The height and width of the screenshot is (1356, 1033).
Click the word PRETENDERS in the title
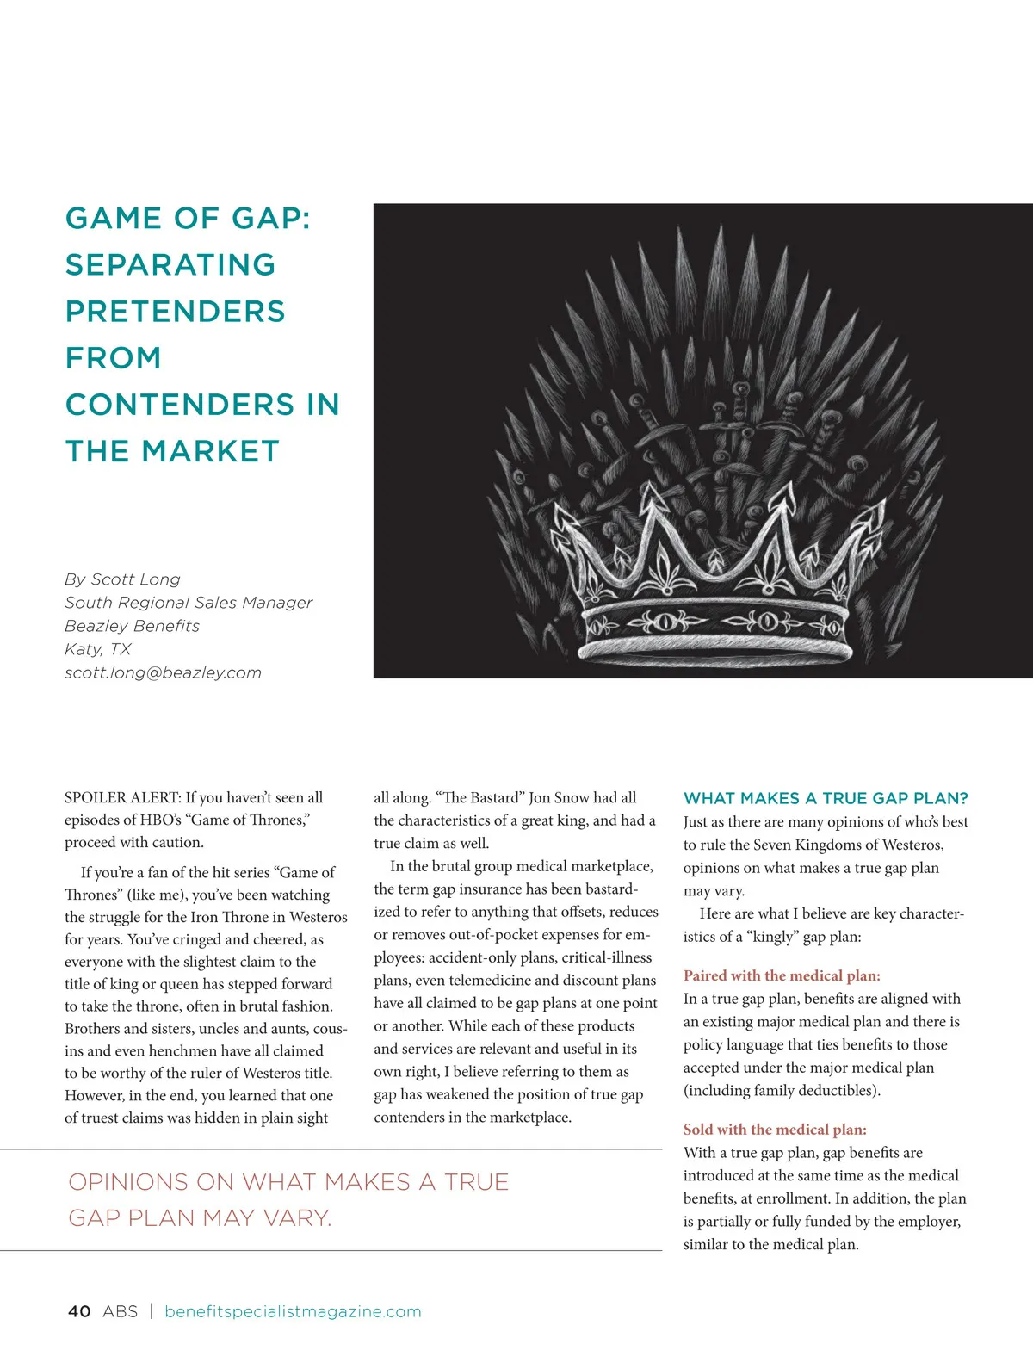pos(175,312)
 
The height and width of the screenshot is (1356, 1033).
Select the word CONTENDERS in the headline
pos(180,405)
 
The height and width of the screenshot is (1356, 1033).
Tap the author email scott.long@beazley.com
pos(163,672)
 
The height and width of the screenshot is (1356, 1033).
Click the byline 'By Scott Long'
pos(122,579)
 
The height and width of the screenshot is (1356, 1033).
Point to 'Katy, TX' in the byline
pos(97,649)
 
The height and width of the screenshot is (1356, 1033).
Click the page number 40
pos(79,1311)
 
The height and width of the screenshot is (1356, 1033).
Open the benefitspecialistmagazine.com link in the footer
pos(293,1311)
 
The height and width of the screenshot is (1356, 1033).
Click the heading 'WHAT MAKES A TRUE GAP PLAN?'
pos(826,798)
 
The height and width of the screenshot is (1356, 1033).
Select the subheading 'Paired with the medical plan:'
pos(782,975)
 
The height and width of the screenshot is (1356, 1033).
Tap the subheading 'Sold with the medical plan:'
pos(775,1130)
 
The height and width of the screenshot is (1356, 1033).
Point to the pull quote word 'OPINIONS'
pos(128,1182)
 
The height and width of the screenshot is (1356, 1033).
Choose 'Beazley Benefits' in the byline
pos(132,626)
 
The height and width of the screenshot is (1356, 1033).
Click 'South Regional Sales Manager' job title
pos(189,603)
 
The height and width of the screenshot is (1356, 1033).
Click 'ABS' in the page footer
pos(120,1311)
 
